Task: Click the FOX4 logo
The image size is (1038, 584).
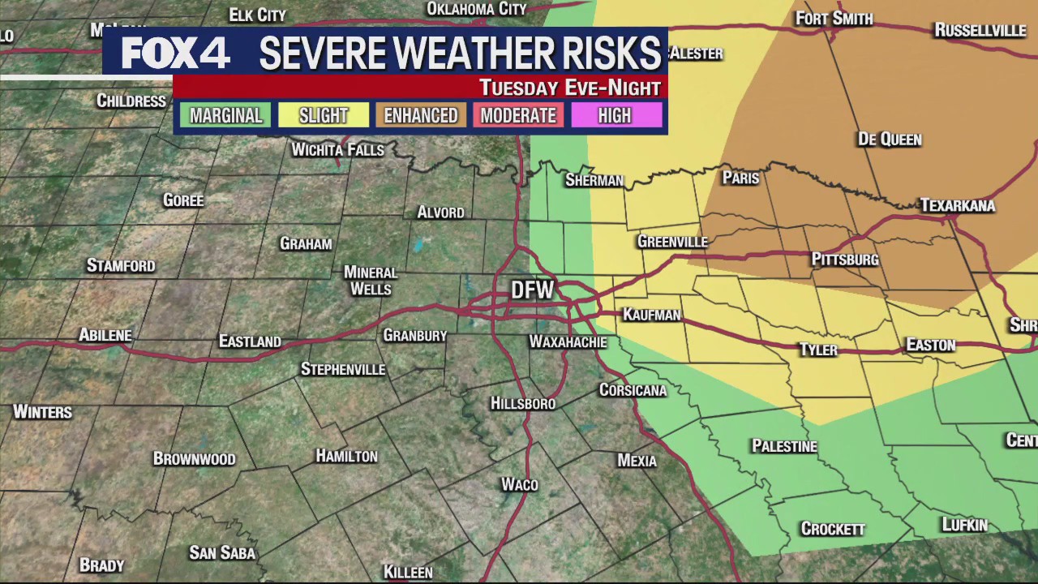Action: [175, 53]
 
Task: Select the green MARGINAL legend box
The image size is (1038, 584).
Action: [225, 115]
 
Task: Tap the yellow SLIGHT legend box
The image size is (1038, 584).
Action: [323, 115]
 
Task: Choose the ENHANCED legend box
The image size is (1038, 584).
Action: [420, 115]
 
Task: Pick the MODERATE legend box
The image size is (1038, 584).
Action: [518, 115]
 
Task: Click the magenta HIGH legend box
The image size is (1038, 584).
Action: [615, 115]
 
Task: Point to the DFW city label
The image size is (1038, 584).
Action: [532, 290]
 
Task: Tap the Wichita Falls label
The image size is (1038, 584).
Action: [337, 150]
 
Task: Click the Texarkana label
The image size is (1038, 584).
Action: [957, 205]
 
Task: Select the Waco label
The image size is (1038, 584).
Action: [519, 484]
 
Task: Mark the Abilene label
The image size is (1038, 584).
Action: [105, 335]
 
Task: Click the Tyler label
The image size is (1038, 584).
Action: [818, 350]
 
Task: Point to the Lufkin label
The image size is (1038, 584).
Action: [964, 525]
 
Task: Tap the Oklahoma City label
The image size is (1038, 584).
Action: [477, 9]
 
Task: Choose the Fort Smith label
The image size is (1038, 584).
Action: [834, 18]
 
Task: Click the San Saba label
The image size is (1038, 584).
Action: [222, 553]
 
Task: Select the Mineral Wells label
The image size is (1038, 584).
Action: [371, 281]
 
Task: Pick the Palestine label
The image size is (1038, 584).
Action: [784, 446]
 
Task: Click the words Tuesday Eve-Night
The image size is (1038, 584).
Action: [569, 88]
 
